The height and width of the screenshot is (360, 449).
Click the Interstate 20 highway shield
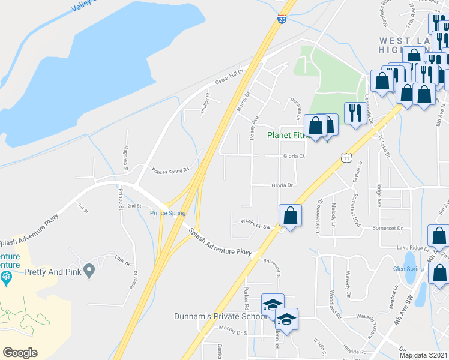coord(282,19)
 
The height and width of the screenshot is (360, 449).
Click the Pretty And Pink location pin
coord(89,271)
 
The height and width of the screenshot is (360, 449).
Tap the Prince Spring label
coord(167,213)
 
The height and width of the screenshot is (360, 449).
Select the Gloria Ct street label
coord(294,156)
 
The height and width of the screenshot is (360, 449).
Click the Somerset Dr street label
coord(387,228)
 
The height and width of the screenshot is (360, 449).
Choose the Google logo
coord(20,353)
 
